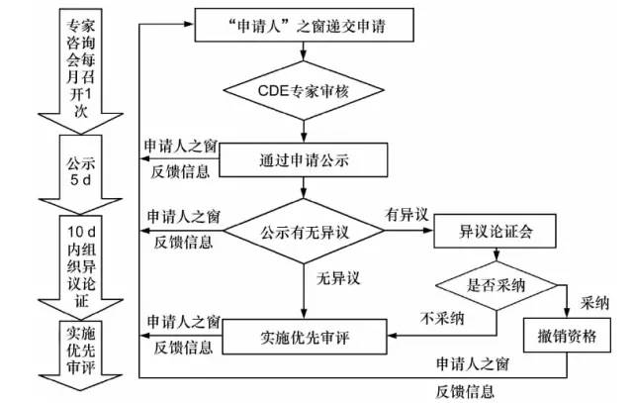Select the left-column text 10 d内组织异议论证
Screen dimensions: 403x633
point(76,256)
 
